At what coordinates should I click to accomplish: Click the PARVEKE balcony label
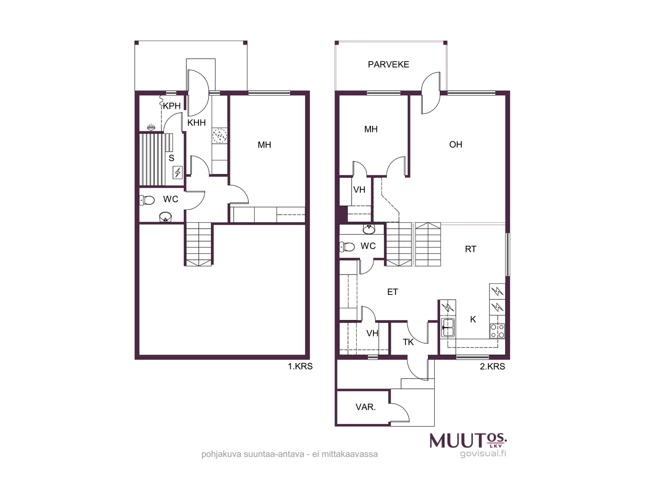(388, 64)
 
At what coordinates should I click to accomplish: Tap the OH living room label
(456, 145)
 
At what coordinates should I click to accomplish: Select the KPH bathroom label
(171, 106)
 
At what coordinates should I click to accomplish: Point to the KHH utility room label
(196, 123)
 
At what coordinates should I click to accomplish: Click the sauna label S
(171, 158)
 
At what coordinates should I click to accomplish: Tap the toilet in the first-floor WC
(147, 200)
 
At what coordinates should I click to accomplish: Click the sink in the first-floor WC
(165, 216)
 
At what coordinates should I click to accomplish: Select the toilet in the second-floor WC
(347, 247)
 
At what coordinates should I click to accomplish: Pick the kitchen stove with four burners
(497, 331)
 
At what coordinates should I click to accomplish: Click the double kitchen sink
(448, 328)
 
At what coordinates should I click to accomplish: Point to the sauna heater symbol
(178, 172)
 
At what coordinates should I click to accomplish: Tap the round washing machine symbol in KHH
(220, 136)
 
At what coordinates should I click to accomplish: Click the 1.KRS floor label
(300, 366)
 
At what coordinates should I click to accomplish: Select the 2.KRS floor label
(492, 366)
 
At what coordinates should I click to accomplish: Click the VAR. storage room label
(365, 407)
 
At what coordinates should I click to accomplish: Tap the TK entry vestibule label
(408, 342)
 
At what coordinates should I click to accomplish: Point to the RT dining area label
(470, 249)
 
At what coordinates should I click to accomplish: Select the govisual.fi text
(483, 453)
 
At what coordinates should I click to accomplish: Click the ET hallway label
(392, 292)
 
